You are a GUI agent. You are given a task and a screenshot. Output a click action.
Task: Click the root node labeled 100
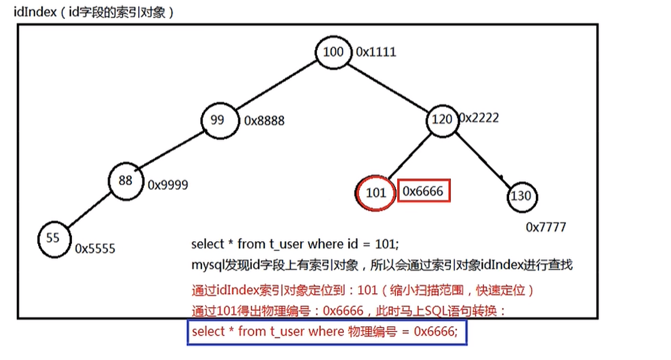tap(333, 52)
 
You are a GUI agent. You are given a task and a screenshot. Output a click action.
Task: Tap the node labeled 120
tap(443, 118)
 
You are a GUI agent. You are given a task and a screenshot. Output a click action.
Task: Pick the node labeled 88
tap(125, 180)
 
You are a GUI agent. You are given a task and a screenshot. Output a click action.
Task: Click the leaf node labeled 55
tap(54, 238)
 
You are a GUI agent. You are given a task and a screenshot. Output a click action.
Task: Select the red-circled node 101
tap(376, 192)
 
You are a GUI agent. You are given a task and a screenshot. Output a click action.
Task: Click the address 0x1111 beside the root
tap(376, 52)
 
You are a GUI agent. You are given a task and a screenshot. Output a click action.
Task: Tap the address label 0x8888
tap(264, 120)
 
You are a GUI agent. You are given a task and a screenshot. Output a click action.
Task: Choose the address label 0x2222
tap(479, 117)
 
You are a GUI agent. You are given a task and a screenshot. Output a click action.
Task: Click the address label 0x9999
tap(168, 185)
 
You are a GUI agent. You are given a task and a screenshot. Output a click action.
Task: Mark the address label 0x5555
tap(95, 248)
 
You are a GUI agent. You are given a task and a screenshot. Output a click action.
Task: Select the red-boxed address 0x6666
tap(423, 191)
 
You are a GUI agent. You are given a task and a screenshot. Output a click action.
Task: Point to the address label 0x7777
tap(545, 227)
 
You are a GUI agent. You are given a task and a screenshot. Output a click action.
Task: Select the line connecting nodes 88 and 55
tap(89, 209)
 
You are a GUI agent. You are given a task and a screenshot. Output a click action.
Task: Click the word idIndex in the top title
tap(33, 12)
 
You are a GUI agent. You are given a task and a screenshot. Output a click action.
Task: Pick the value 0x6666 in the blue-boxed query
tap(435, 332)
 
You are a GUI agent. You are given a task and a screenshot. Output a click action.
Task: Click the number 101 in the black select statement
tap(387, 244)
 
